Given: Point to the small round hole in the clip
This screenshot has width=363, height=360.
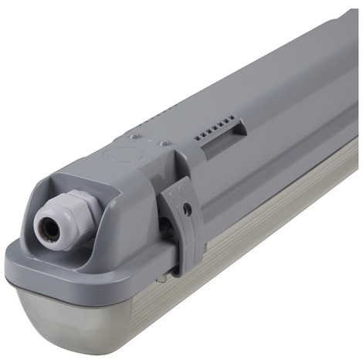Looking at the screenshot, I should click(188, 208).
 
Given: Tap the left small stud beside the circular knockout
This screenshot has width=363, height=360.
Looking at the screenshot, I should click(136, 136).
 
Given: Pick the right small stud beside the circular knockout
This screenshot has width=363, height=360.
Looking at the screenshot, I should click(163, 143).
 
